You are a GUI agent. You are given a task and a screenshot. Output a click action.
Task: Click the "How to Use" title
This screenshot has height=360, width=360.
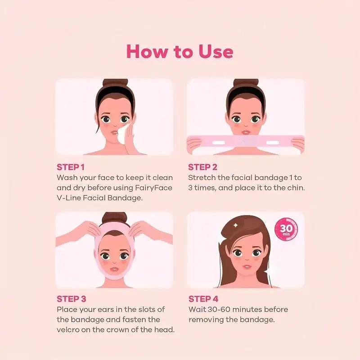tap(180, 51)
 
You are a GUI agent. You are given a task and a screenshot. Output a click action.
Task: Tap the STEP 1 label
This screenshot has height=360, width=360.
tap(71, 167)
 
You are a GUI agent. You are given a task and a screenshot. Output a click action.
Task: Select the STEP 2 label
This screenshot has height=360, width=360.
tap(203, 167)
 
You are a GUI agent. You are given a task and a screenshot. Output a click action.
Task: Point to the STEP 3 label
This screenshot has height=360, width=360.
tap(71, 299)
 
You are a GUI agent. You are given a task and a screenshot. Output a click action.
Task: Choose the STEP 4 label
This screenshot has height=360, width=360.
tap(203, 299)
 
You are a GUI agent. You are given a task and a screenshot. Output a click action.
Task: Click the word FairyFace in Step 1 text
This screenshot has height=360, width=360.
tap(153, 188)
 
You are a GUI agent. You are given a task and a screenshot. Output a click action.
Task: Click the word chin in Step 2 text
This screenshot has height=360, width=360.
tap(295, 188)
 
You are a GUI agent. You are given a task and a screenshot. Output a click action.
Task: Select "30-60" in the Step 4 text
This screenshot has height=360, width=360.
tap(220, 309)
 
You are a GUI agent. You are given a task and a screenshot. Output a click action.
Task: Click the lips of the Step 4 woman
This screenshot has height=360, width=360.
tap(246, 267)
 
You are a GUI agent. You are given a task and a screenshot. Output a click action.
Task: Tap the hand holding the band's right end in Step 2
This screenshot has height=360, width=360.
tap(298, 144)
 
